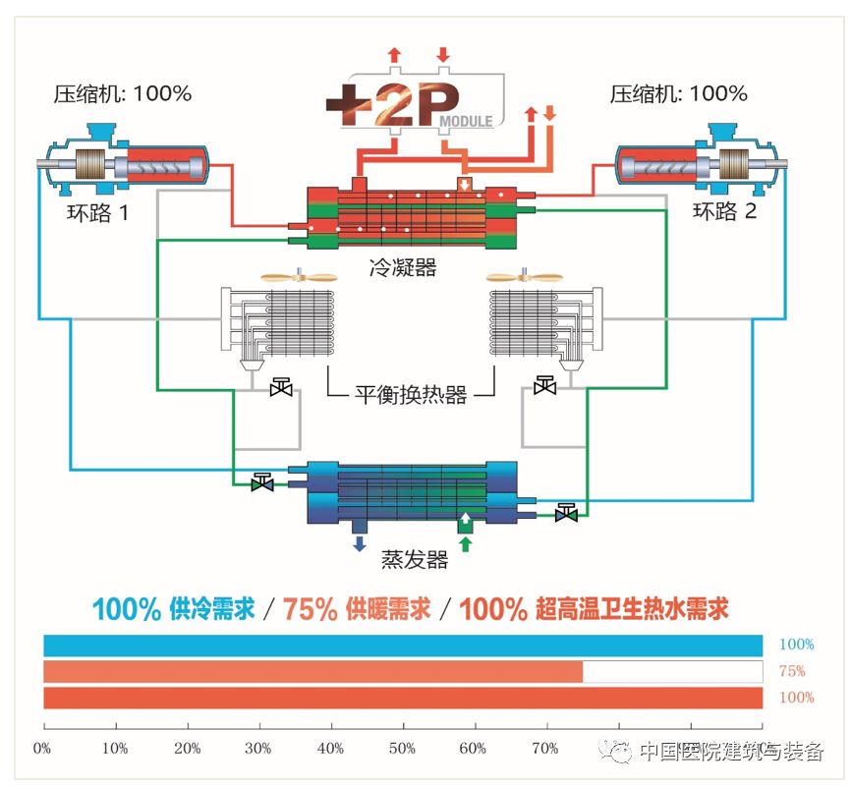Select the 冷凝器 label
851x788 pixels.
click(403, 267)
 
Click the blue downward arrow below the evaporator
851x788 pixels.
click(360, 543)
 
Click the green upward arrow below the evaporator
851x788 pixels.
click(466, 543)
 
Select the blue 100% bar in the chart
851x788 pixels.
click(403, 646)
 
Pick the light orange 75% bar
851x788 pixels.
click(313, 672)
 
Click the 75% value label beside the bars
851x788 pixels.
click(792, 672)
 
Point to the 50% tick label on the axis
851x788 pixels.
click(403, 749)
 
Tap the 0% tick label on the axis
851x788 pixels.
click(43, 749)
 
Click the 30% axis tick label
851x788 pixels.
click(259, 749)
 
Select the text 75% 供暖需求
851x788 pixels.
click(358, 609)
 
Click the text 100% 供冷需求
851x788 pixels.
click(174, 609)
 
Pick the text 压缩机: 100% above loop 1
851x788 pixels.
click(122, 94)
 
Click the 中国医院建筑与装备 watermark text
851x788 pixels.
click(731, 752)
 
